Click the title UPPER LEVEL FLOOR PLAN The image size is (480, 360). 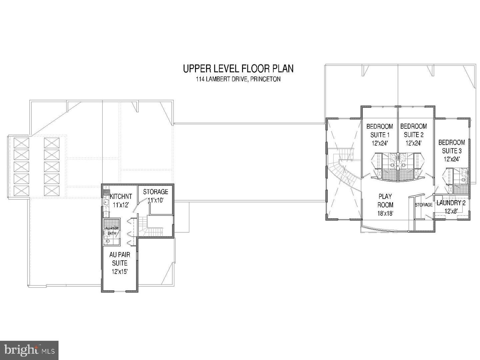[x=238, y=69]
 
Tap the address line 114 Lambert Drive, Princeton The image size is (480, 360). [x=238, y=79]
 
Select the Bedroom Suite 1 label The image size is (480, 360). [x=380, y=131]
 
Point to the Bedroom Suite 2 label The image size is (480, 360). [x=413, y=131]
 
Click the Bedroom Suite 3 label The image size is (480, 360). [x=452, y=147]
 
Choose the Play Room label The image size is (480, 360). [x=385, y=201]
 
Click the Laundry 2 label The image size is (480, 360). [x=451, y=203]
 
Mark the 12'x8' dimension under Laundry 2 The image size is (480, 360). [x=451, y=211]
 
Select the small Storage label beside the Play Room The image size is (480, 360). [x=423, y=205]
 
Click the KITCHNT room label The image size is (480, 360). [x=121, y=197]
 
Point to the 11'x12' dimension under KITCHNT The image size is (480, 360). [x=121, y=205]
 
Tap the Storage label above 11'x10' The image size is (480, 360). [x=155, y=192]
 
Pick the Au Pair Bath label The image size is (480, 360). [x=112, y=231]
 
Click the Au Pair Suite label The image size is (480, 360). [x=120, y=259]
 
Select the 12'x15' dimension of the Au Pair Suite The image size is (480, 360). [x=120, y=272]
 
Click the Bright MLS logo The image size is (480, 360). [x=29, y=350]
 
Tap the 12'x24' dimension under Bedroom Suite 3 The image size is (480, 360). [x=452, y=159]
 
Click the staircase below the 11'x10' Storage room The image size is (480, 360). [x=152, y=228]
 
